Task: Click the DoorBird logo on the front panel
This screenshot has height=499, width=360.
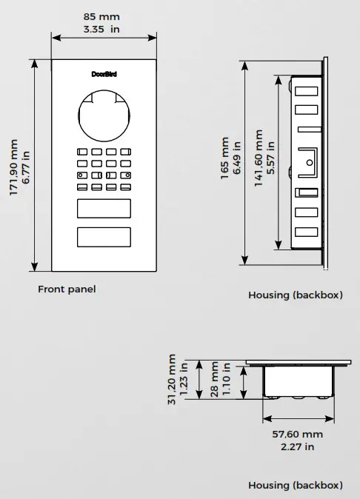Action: click(x=104, y=74)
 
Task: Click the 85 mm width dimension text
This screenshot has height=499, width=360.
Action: click(x=103, y=16)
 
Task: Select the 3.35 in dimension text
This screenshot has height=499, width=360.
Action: click(x=103, y=29)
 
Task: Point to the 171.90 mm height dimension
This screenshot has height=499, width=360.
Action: click(x=13, y=168)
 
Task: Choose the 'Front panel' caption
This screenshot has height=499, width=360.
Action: click(x=67, y=289)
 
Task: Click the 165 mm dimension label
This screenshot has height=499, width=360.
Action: click(x=224, y=158)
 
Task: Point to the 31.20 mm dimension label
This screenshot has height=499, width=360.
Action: click(x=173, y=379)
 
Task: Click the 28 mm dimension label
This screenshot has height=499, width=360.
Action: click(x=215, y=379)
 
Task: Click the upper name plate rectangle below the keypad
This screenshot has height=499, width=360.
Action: click(x=104, y=210)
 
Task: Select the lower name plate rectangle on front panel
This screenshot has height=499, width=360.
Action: click(x=104, y=238)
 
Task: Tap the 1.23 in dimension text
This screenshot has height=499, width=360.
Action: click(x=185, y=379)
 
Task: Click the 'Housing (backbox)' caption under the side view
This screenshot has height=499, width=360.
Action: click(x=296, y=295)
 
